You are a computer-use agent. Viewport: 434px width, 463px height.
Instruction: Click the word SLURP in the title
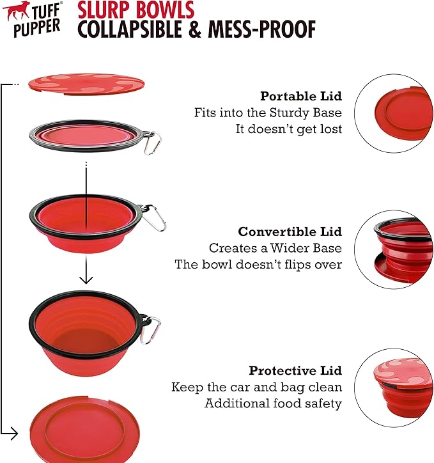[x=103, y=10]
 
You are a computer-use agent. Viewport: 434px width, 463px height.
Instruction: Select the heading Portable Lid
[x=300, y=97]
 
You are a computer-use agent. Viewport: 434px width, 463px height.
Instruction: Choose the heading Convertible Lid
[x=290, y=231]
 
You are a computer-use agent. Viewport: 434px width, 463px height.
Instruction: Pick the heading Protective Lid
[x=295, y=371]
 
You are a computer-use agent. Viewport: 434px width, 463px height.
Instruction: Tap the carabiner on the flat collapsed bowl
[x=151, y=143]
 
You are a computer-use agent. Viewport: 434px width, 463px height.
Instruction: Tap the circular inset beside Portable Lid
[x=394, y=112]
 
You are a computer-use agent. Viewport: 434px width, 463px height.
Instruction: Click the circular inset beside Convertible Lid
[x=394, y=249]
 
